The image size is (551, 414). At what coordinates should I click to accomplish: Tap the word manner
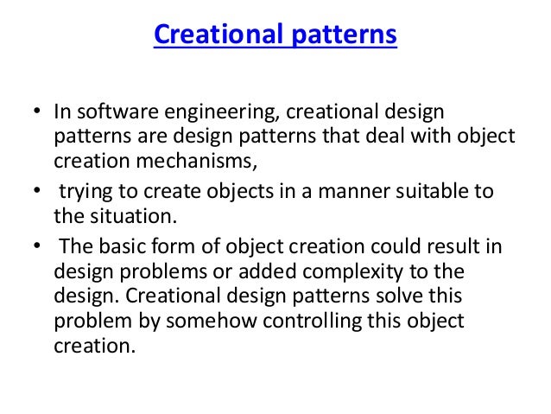tap(326, 191)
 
